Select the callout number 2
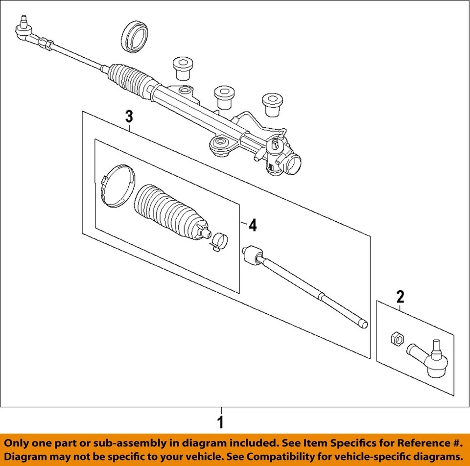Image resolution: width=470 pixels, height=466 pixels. click(400, 296)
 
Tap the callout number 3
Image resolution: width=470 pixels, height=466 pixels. click(129, 116)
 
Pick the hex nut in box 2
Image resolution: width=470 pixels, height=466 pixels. click(397, 337)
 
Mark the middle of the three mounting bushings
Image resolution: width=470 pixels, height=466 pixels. click(223, 97)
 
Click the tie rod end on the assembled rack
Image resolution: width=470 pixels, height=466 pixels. click(24, 30)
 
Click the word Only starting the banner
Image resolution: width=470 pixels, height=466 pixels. click(23, 443)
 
